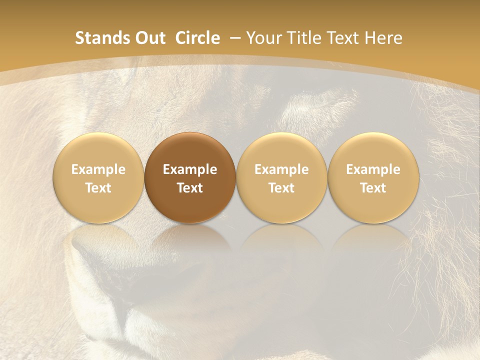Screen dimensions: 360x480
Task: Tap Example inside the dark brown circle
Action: pyautogui.click(x=189, y=169)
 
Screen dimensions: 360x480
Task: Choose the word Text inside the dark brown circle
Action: pyautogui.click(x=189, y=188)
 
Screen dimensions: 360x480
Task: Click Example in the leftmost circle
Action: pyautogui.click(x=98, y=169)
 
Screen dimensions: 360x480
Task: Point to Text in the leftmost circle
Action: pyautogui.click(x=98, y=188)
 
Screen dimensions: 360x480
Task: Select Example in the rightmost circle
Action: pyautogui.click(x=373, y=169)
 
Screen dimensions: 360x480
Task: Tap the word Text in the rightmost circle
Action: pyautogui.click(x=373, y=188)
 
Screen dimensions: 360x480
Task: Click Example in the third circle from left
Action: pyautogui.click(x=281, y=169)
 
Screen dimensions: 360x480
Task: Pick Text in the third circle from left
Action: pyautogui.click(x=281, y=188)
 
